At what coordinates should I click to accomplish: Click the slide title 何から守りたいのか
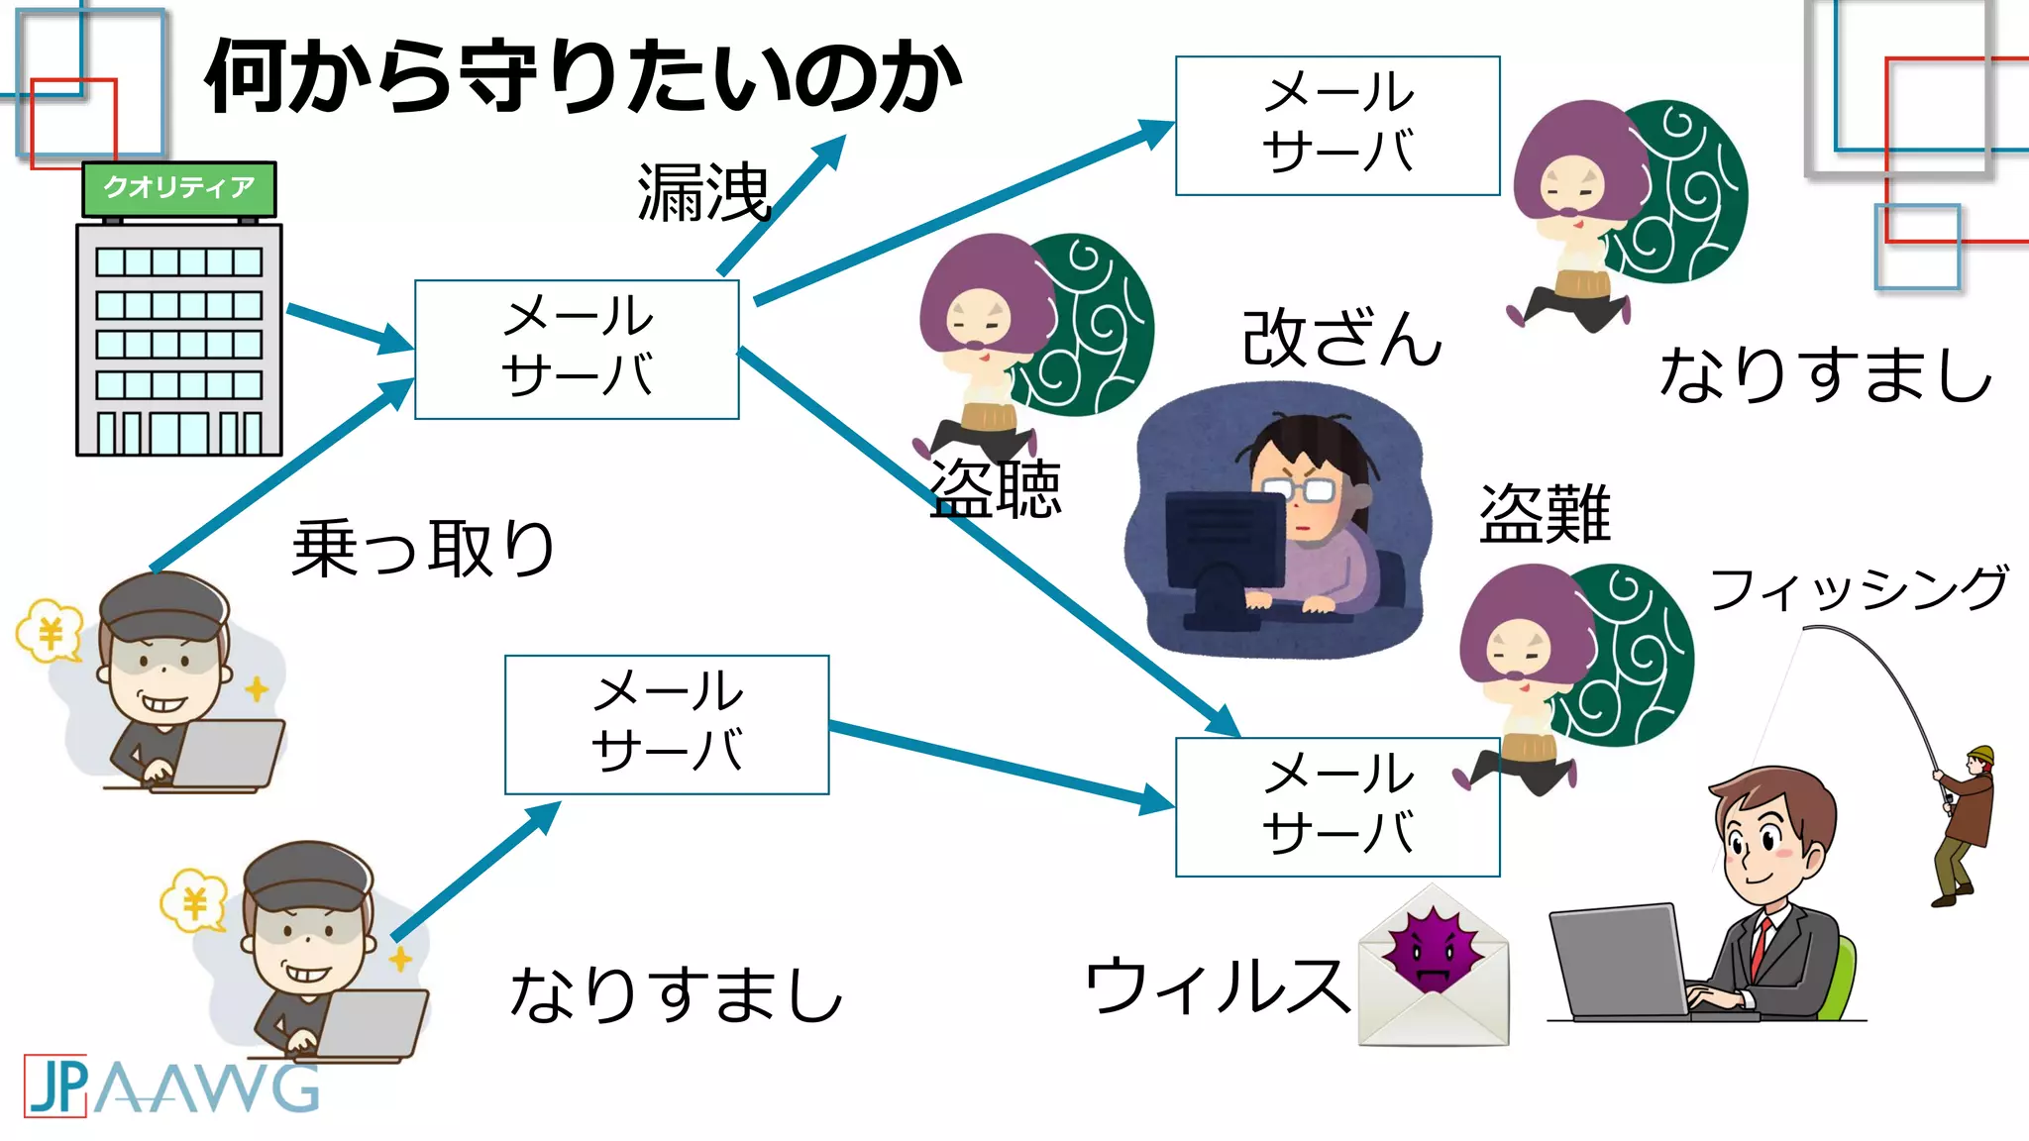[x=583, y=77]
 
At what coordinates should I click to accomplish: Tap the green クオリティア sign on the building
[x=178, y=188]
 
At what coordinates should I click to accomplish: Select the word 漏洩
[x=703, y=192]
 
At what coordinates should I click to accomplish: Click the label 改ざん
[x=1341, y=339]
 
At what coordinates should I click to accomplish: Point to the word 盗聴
[x=996, y=489]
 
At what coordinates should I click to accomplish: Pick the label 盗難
[x=1545, y=514]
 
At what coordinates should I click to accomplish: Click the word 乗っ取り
[x=423, y=548]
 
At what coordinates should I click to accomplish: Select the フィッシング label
[x=1859, y=588]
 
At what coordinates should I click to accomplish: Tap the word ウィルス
[x=1217, y=985]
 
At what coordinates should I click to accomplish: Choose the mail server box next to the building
[x=577, y=349]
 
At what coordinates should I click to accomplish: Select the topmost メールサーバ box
[x=1336, y=125]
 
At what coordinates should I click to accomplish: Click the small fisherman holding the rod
[x=1967, y=822]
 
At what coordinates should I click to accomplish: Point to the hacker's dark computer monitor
[x=1225, y=540]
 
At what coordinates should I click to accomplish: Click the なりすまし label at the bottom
[x=676, y=994]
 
